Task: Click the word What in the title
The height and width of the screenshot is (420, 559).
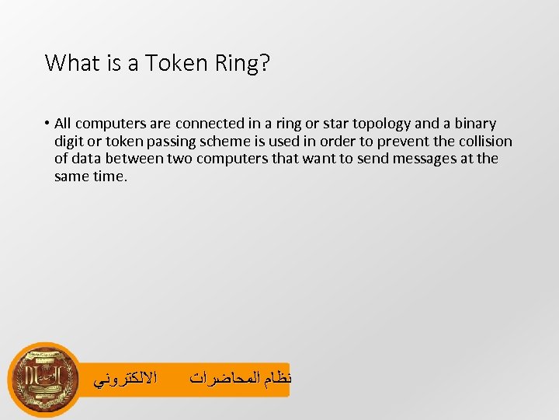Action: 68,62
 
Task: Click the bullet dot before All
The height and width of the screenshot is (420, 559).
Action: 47,124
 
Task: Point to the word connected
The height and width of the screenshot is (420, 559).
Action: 207,124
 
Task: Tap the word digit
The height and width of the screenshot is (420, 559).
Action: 71,142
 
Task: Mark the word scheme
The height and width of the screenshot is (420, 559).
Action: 234,142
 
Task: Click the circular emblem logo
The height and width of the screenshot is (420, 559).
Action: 43,379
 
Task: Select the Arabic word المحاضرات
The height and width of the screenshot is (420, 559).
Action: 220,380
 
